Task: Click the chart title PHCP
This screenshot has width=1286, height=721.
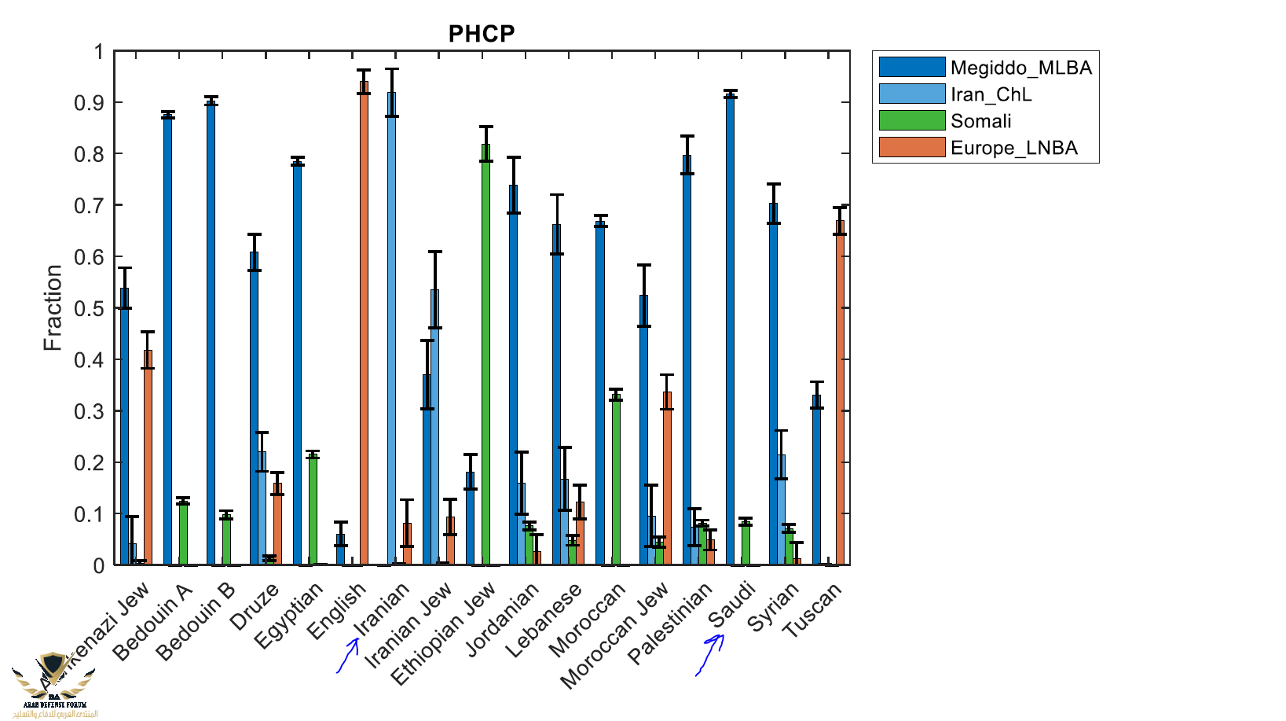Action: point(481,34)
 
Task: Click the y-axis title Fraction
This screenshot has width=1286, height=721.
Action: point(53,307)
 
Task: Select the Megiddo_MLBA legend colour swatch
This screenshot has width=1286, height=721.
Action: point(911,68)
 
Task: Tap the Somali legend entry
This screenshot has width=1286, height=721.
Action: point(980,121)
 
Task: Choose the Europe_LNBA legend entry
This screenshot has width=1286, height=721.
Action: point(1013,148)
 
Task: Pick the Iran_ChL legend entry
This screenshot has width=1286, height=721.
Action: point(991,94)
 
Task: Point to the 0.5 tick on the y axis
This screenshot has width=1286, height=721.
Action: point(89,308)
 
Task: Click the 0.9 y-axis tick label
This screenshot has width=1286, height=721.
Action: point(89,103)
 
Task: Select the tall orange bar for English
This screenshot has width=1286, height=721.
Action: point(364,322)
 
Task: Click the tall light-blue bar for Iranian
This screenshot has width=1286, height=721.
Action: point(391,330)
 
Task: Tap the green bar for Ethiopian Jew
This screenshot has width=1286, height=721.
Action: point(485,354)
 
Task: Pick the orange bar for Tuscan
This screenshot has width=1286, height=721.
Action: point(840,393)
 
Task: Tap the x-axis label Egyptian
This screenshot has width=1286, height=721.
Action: point(289,615)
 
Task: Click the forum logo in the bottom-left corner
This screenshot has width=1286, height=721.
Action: point(53,684)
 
